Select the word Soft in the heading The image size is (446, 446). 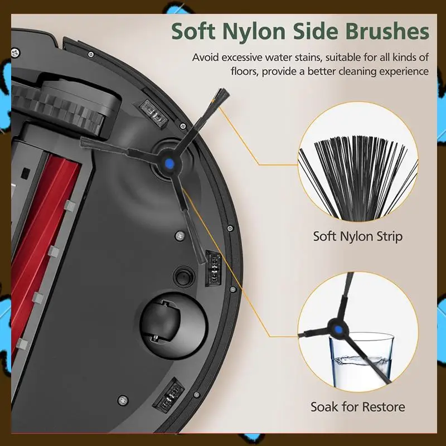coord(195,31)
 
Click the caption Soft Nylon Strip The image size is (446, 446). coord(357,236)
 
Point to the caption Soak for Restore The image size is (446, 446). coord(357,406)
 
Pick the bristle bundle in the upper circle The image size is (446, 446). coord(357,178)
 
